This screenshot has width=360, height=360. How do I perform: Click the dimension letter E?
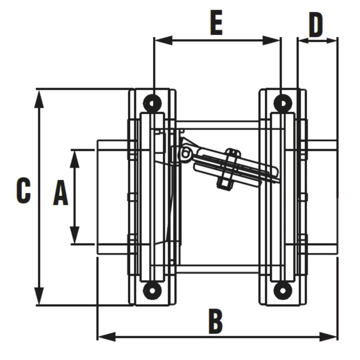tap(216, 23)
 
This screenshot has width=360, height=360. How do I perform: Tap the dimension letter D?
tap(316, 25)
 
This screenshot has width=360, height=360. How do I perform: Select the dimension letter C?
tap(24, 190)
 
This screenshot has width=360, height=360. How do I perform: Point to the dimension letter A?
tap(60, 193)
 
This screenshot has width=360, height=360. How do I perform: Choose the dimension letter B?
tap(216, 321)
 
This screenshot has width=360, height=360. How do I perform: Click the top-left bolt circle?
tap(152, 103)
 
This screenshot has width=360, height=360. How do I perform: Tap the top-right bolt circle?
tap(283, 103)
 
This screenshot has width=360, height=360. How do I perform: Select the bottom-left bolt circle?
tap(152, 291)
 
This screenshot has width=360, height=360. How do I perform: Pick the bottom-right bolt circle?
tap(283, 291)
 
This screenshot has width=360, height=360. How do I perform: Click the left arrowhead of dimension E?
tap(163, 40)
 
